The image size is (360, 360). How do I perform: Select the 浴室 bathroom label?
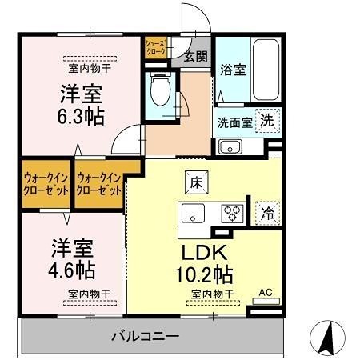point(232,70)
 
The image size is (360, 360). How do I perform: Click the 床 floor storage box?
point(194,182)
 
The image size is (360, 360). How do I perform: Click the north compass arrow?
point(327,337)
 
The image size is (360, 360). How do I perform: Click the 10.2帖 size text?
point(205,275)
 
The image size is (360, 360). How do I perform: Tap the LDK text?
point(204,254)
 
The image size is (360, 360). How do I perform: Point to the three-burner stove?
point(232,214)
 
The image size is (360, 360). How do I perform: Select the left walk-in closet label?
point(43,185)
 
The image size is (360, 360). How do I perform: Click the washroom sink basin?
point(230,146)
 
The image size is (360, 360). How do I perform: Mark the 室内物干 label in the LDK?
point(211,294)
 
